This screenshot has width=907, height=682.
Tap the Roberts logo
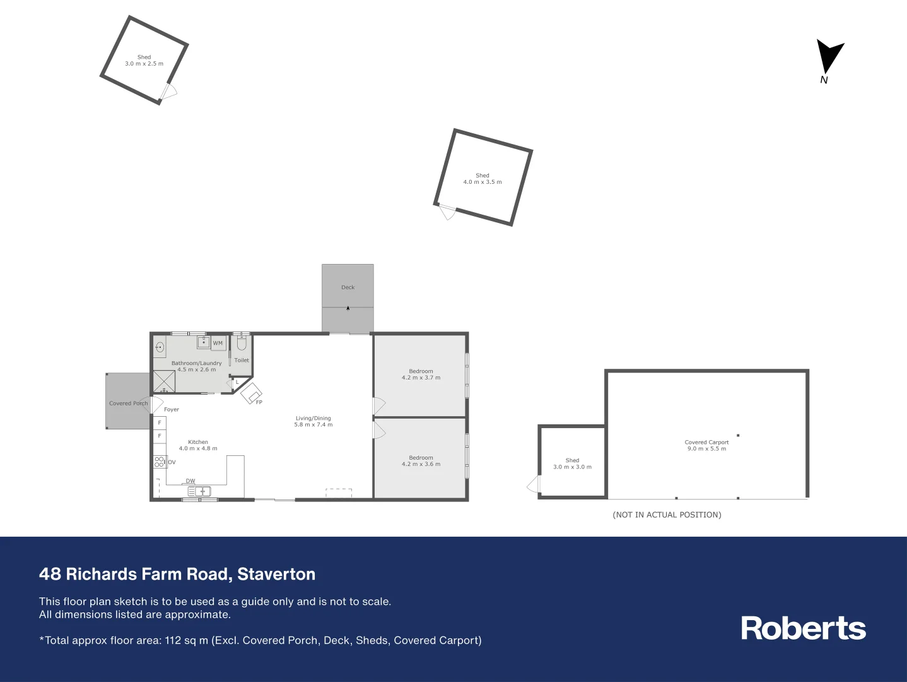tap(803, 628)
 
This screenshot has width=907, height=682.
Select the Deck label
tap(348, 287)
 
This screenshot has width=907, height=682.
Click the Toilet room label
tap(242, 360)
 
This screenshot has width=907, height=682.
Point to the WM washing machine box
tap(218, 344)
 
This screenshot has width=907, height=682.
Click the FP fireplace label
tap(259, 402)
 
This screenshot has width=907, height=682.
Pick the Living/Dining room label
tap(313, 421)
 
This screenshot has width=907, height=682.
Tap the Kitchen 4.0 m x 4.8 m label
tap(198, 445)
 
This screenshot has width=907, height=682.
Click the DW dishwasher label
tap(190, 481)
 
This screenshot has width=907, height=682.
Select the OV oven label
tap(172, 462)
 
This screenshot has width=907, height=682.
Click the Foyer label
tap(172, 410)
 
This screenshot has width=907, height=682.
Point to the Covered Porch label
tap(128, 404)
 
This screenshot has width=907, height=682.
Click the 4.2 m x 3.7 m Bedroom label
tap(421, 374)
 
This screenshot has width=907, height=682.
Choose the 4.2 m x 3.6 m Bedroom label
tap(421, 461)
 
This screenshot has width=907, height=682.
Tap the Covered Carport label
tap(706, 445)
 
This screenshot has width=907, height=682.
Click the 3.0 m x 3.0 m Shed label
tap(572, 464)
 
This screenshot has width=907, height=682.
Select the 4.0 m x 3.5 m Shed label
tap(483, 179)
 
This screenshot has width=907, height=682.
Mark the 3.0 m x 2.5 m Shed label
tap(144, 61)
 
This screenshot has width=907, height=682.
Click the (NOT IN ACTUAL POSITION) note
tap(667, 515)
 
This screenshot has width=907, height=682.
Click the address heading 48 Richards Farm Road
tap(177, 574)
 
